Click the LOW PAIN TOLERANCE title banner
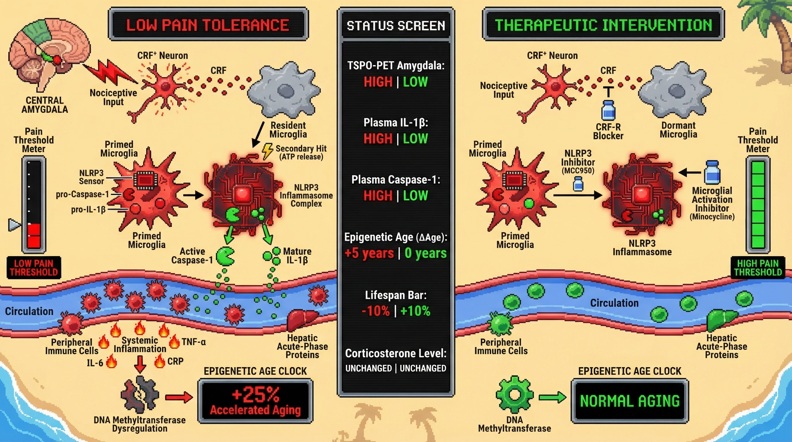[208, 24]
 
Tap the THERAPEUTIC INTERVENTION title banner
[603, 24]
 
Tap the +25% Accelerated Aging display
[255, 401]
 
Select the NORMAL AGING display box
[629, 401]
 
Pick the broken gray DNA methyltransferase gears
[140, 394]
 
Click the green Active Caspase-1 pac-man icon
[225, 257]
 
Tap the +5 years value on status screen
[369, 253]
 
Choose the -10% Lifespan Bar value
[376, 311]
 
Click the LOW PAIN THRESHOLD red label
[34, 268]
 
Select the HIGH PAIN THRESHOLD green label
[757, 268]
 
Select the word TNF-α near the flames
[194, 342]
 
